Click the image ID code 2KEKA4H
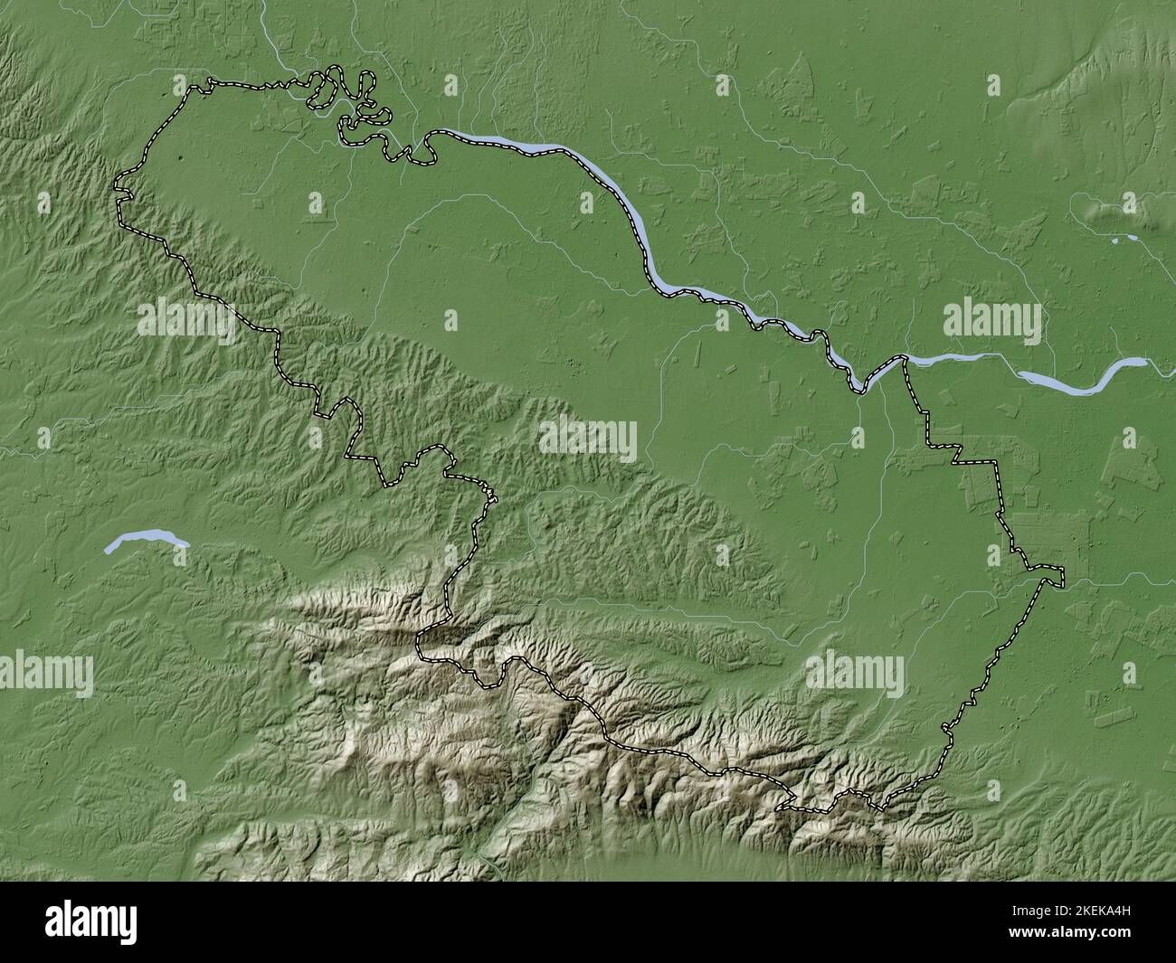click(1093, 911)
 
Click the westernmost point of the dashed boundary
click(115, 188)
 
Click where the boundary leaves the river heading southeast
click(905, 361)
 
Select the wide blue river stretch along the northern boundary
click(507, 145)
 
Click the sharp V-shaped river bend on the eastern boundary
click(858, 389)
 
